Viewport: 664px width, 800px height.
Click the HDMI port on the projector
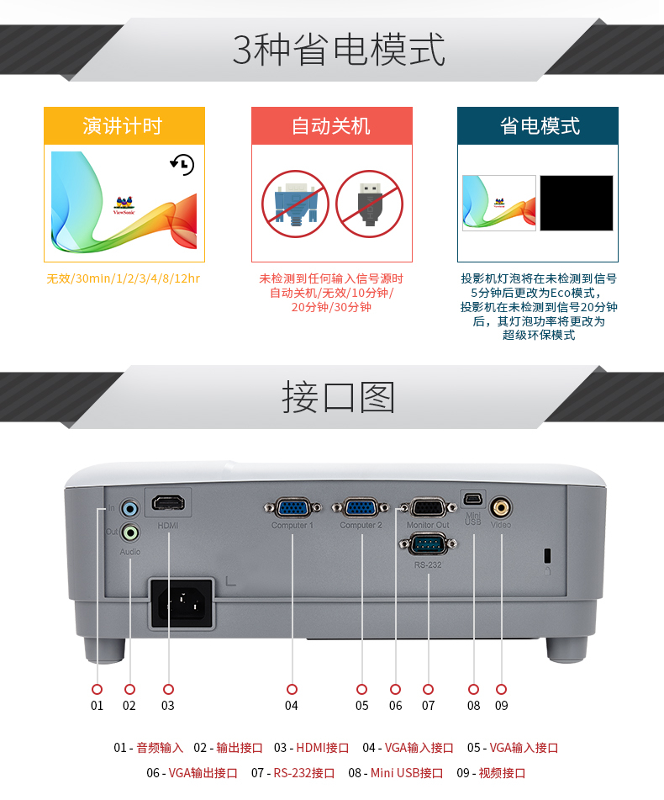(x=168, y=504)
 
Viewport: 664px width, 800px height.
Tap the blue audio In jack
(x=130, y=508)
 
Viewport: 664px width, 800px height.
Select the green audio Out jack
(x=130, y=533)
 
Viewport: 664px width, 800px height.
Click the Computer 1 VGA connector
(x=292, y=508)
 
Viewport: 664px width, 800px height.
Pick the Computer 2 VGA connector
(x=361, y=508)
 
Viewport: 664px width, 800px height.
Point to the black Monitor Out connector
(x=428, y=508)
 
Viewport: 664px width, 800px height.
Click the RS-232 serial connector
(x=428, y=544)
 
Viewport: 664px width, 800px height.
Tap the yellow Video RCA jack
(x=500, y=507)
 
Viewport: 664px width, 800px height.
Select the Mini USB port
(x=473, y=498)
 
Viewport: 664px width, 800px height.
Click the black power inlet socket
(x=182, y=603)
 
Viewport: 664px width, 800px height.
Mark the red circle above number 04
(x=292, y=689)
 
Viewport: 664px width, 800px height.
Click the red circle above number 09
(x=502, y=689)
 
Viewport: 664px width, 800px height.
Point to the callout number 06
(x=395, y=706)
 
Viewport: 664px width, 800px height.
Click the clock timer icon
(x=182, y=164)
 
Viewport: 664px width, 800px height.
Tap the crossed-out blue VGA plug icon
(x=295, y=204)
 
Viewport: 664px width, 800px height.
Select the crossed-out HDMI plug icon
(x=370, y=204)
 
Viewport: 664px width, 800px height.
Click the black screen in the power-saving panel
(x=577, y=203)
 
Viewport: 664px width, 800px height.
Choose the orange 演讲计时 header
(x=124, y=125)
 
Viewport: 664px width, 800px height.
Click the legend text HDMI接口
(x=323, y=748)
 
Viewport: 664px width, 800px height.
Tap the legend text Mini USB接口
(x=407, y=773)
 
